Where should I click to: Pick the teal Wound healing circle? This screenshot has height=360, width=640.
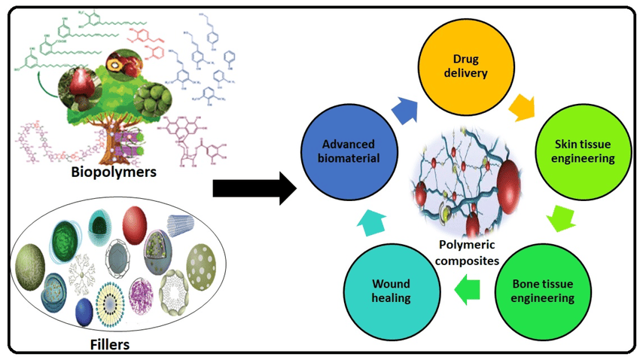click(x=390, y=290)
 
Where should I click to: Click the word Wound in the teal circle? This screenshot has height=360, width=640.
click(x=391, y=283)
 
